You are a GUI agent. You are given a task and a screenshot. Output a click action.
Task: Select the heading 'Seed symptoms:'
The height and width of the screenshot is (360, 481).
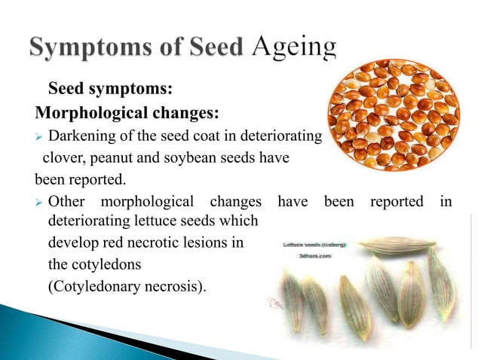tap(111, 91)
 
